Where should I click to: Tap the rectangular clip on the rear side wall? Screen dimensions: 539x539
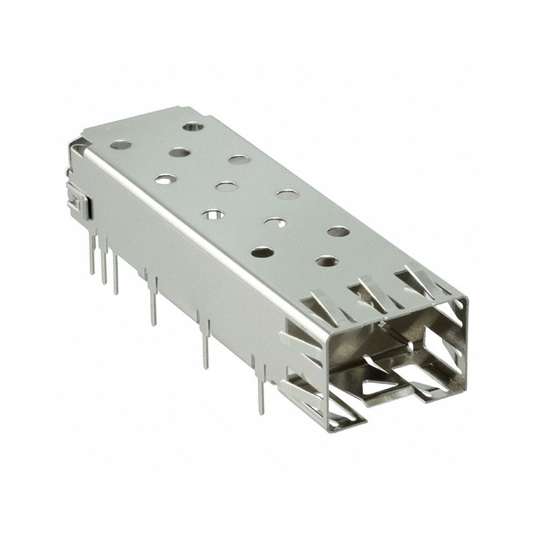click(80, 201)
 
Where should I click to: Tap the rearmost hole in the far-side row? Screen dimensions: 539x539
click(193, 126)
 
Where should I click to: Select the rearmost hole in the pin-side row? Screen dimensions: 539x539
click(121, 144)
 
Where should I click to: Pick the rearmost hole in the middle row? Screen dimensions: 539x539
click(179, 152)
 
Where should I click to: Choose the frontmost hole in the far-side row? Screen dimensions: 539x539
click(338, 231)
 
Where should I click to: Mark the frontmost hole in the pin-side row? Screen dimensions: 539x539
click(262, 253)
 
